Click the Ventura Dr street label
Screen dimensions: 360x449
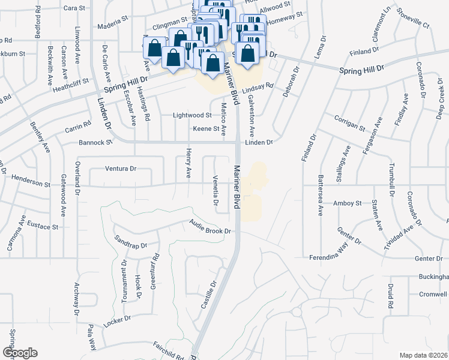(x=121, y=169)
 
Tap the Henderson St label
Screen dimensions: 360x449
(x=29, y=182)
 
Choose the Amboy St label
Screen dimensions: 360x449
(x=348, y=203)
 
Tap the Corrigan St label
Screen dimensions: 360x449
(x=350, y=123)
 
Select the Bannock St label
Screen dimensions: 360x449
(x=95, y=143)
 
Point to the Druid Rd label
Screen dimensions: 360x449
(x=390, y=298)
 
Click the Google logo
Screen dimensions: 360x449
(x=20, y=353)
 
